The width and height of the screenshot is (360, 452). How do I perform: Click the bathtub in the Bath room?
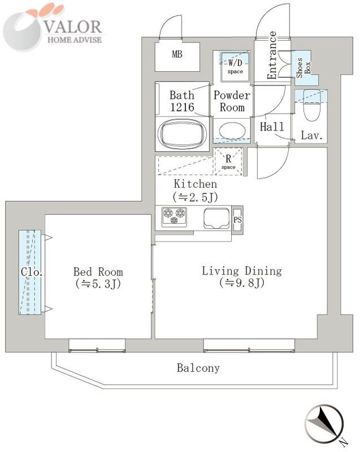(182, 134)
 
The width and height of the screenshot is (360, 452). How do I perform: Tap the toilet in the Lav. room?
(311, 106)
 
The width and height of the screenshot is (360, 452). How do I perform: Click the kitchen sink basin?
(217, 218)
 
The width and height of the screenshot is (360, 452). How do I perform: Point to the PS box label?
(237, 220)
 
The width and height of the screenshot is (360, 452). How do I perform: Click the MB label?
(177, 54)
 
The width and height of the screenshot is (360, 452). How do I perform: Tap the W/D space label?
(235, 66)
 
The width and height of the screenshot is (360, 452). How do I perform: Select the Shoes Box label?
(303, 67)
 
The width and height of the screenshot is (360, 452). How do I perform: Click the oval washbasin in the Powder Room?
(232, 131)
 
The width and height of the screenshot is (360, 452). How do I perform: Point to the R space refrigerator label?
(228, 162)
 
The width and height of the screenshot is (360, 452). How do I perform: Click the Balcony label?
(198, 368)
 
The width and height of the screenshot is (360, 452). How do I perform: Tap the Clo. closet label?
(32, 272)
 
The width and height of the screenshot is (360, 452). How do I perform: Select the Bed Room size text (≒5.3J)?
(98, 284)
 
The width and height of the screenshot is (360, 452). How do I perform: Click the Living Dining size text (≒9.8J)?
(242, 283)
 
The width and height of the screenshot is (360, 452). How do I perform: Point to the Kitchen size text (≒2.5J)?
(195, 197)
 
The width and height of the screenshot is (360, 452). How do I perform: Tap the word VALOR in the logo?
(73, 27)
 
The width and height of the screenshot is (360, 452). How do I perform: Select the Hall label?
(272, 127)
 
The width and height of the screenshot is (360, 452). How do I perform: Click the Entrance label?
(272, 55)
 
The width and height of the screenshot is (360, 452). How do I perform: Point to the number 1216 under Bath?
(182, 107)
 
